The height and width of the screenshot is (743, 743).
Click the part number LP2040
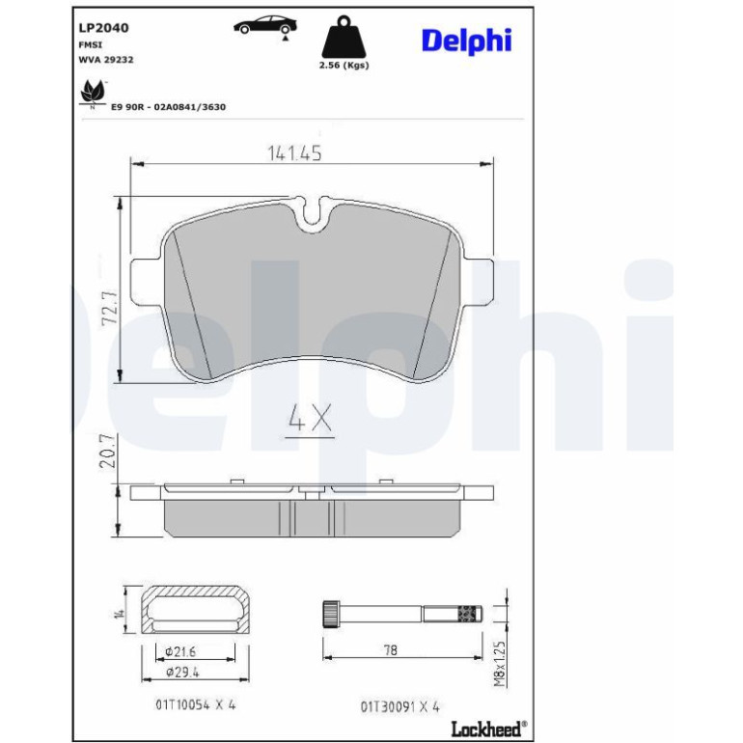103,28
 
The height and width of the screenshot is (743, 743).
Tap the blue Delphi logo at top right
466,41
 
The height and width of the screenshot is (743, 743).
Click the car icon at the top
265,26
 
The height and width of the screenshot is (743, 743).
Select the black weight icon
344,37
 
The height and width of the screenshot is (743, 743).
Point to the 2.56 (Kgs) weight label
344,66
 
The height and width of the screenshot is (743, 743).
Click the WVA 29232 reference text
106,60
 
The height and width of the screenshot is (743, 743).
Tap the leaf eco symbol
93,93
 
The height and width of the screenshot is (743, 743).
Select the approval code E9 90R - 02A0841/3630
168,107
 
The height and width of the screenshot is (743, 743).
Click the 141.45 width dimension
294,152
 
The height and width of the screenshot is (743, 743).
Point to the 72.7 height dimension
110,308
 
